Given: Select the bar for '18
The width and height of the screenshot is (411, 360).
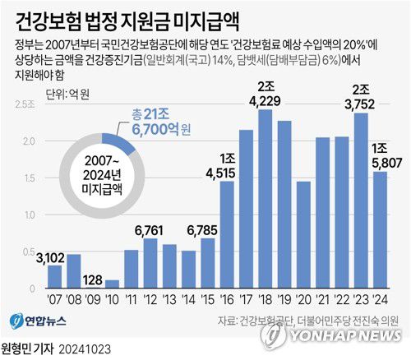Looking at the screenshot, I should click(x=265, y=201).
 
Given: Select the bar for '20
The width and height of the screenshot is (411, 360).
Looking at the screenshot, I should click(x=303, y=225).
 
